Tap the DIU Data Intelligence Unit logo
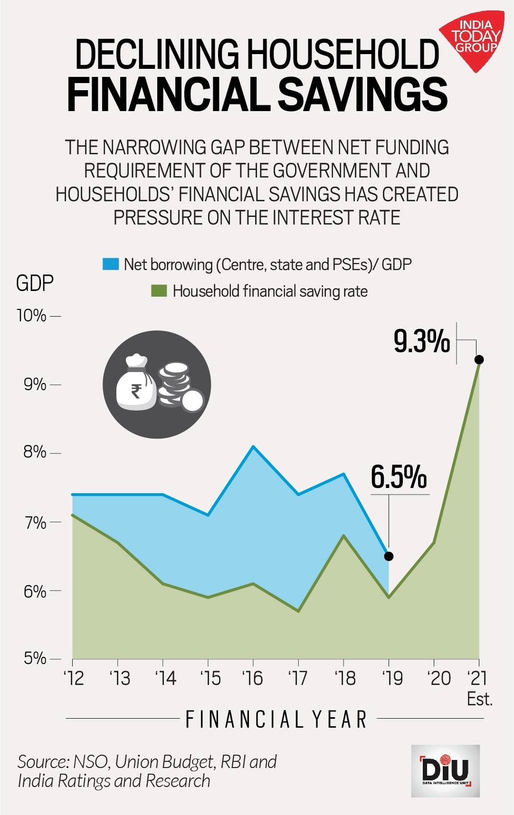click(445, 770)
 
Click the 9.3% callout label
click(421, 342)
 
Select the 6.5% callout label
click(399, 477)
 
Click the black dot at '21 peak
click(479, 359)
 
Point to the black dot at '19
click(389, 556)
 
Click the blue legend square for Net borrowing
click(111, 264)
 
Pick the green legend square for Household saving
click(159, 291)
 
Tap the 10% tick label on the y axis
click(32, 316)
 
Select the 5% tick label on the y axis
click(35, 659)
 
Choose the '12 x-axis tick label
click(73, 678)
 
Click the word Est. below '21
click(479, 699)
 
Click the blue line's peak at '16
click(253, 446)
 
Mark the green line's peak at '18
click(343, 535)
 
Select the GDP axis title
click(35, 283)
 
